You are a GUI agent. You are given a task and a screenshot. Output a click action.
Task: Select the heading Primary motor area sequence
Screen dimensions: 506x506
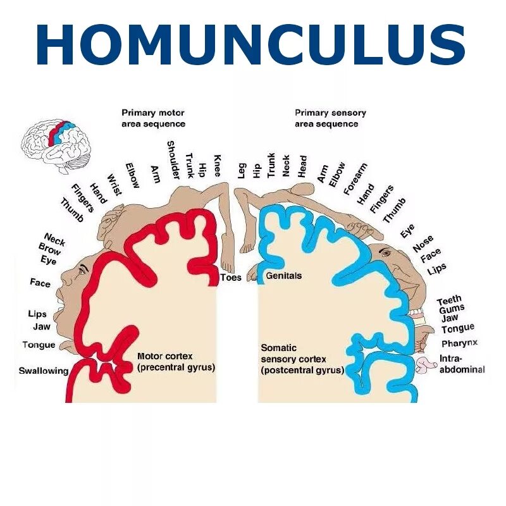pos(153,118)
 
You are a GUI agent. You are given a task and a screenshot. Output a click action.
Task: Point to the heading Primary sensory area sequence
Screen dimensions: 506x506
pos(330,118)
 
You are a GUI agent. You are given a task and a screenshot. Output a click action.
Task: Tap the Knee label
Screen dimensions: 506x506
pos(217,166)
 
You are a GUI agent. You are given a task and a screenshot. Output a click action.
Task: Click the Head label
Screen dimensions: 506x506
pos(302,166)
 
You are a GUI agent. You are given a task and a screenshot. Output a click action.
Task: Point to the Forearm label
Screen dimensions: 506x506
pos(355,180)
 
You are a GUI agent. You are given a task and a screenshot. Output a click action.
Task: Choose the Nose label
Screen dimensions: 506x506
pos(423,244)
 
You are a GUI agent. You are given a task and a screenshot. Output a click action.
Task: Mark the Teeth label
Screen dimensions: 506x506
pos(449,299)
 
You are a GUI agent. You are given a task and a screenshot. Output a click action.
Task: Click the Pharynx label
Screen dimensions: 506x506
pos(459,343)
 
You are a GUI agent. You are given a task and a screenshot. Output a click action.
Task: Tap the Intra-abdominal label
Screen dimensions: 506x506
pos(462,364)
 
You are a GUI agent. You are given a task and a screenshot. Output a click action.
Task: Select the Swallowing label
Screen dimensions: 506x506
pos(43,371)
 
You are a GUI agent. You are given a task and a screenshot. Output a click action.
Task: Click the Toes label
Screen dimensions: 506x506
pos(231,277)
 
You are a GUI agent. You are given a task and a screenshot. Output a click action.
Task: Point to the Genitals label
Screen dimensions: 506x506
pos(283,276)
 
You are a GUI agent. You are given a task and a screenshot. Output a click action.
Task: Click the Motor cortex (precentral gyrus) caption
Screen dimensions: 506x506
pos(176,361)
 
